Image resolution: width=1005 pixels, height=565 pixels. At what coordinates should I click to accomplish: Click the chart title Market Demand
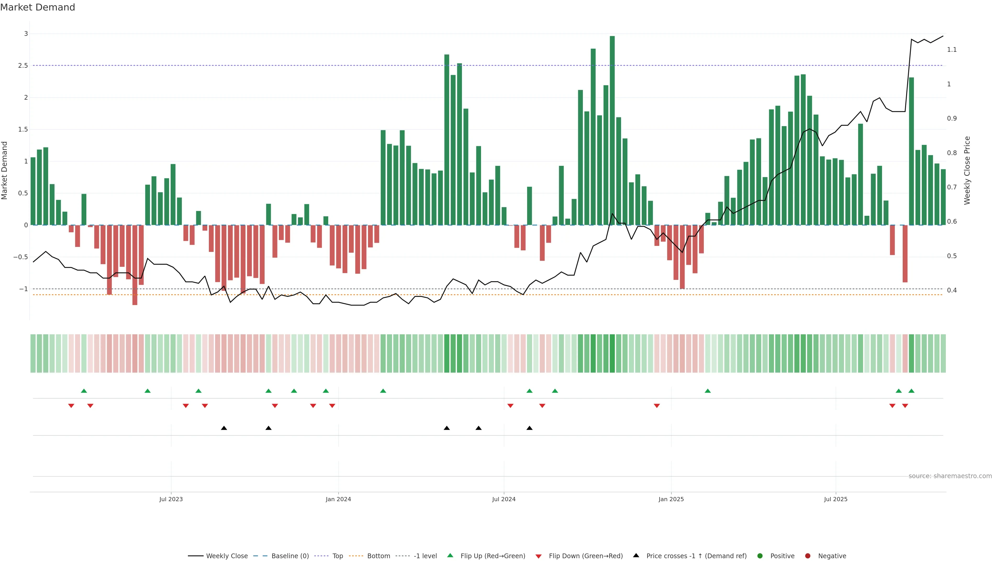pyautogui.click(x=37, y=7)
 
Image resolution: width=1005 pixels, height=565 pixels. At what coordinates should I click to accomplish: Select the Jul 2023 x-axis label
pyautogui.click(x=171, y=499)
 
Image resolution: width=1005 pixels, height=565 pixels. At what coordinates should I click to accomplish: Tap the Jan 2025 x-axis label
pyautogui.click(x=671, y=499)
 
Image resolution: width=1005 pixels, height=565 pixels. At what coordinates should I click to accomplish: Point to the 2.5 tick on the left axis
pyautogui.click(x=23, y=65)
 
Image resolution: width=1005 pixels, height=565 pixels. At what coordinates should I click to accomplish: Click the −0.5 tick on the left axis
pyautogui.click(x=21, y=257)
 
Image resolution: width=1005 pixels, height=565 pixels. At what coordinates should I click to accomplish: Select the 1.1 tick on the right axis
pyautogui.click(x=952, y=49)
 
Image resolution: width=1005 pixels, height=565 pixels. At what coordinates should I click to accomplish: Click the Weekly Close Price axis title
pyautogui.click(x=967, y=170)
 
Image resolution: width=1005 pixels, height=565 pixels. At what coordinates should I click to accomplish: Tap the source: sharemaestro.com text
pyautogui.click(x=950, y=476)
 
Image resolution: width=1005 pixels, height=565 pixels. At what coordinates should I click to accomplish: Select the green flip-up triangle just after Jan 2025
pyautogui.click(x=708, y=391)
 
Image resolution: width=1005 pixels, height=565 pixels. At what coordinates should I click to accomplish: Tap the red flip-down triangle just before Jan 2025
pyautogui.click(x=657, y=406)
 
